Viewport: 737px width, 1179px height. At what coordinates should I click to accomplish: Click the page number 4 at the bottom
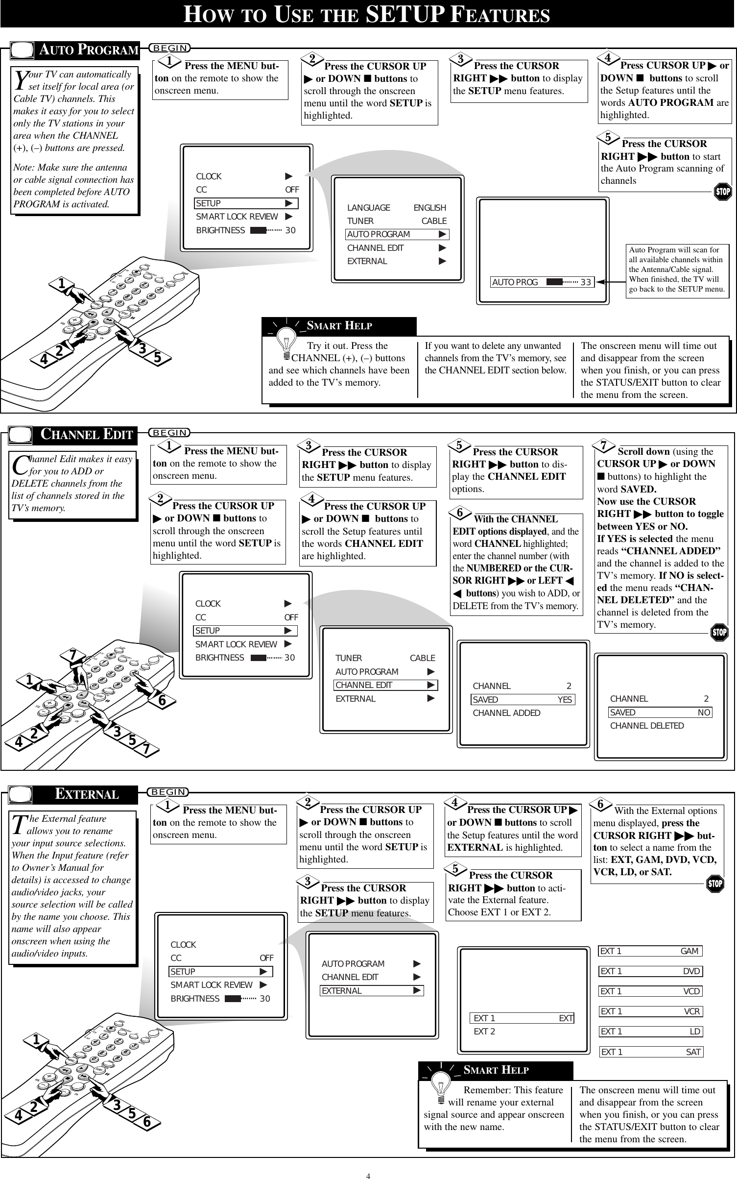click(x=368, y=1172)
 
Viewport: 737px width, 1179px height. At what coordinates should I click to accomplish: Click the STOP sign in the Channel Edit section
click(x=719, y=632)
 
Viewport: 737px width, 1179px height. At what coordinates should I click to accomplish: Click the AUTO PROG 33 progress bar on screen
click(x=542, y=282)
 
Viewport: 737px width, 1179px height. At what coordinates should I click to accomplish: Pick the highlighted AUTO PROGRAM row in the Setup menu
click(x=397, y=234)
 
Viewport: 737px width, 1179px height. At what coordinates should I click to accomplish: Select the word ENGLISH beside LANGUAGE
click(x=429, y=208)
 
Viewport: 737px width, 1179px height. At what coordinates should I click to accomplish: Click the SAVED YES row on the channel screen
click(x=523, y=700)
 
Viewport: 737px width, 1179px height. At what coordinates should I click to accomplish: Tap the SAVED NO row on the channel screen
click(x=660, y=712)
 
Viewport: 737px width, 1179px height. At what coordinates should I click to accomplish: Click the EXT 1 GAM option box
click(x=650, y=951)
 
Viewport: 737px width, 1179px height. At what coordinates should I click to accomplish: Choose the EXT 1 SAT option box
click(x=651, y=1052)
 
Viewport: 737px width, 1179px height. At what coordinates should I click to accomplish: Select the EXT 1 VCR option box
click(x=651, y=1011)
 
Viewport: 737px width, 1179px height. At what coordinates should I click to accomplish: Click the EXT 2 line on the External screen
click(x=484, y=1032)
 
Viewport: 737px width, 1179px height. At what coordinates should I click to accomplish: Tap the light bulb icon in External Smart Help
click(x=444, y=1093)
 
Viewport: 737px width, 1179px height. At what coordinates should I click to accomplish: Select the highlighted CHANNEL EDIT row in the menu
click(x=385, y=685)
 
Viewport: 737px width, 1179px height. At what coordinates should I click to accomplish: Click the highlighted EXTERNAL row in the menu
click(x=372, y=991)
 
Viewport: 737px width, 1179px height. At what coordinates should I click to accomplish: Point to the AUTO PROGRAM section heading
click(x=88, y=50)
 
